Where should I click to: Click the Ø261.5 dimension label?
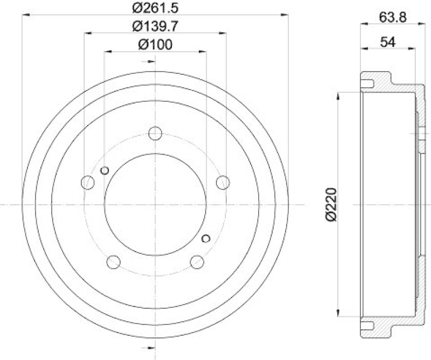coord(155,8)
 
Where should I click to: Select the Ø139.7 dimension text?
coord(155,25)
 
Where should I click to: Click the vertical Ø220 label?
coord(331,205)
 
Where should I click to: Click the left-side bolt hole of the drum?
coord(87,182)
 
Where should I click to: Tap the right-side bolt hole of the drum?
coord(223,182)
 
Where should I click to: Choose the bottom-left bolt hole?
coord(113,262)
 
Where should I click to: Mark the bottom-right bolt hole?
coord(197,262)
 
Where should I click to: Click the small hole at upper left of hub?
coord(105,171)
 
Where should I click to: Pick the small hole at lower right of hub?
coord(205,238)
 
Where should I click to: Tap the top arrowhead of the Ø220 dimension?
coord(338,96)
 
